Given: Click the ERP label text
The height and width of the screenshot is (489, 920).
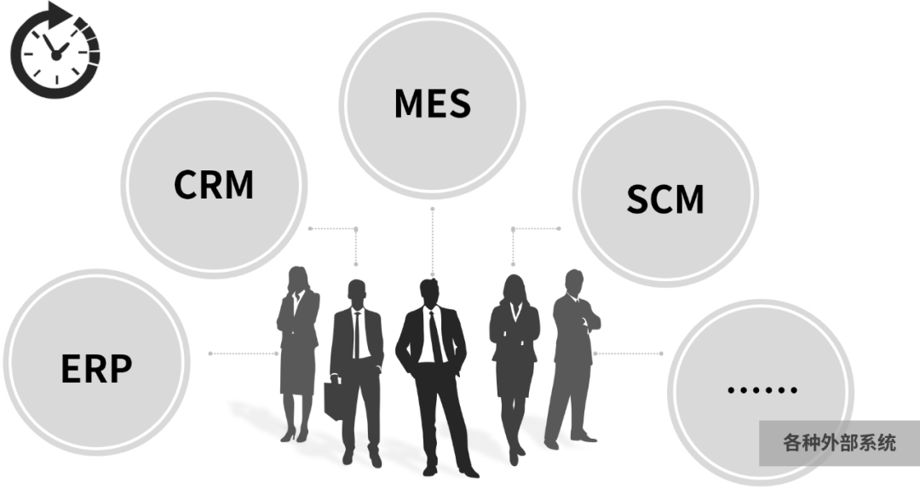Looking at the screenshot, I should [x=96, y=368].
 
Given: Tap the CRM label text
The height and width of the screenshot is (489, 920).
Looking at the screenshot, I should [x=214, y=184].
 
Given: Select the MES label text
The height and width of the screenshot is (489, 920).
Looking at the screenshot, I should [x=432, y=103].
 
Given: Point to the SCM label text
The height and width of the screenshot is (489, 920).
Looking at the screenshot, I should [x=665, y=198].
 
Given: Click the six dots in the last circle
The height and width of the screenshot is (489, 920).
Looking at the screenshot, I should [x=762, y=390].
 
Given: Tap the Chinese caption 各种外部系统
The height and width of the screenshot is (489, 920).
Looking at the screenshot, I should [x=838, y=443].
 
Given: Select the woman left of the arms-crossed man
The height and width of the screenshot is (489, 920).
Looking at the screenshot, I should [x=514, y=358].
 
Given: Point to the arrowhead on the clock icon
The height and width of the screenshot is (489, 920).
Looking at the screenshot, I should [x=61, y=14].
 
